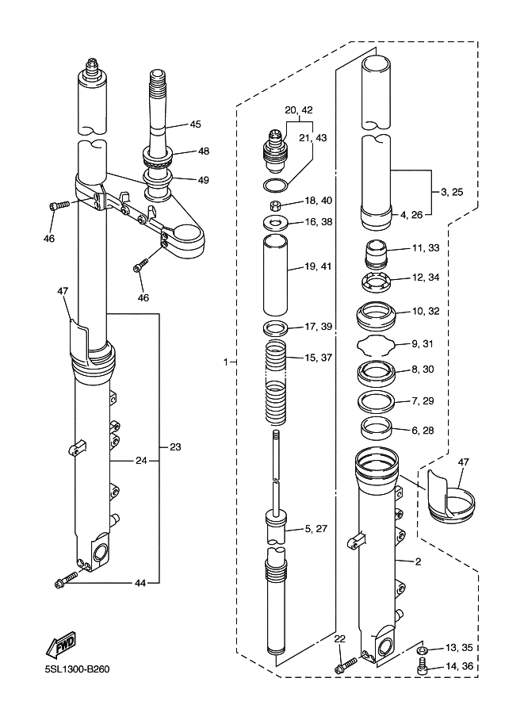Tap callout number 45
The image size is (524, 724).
coord(196,124)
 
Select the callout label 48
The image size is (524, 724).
coord(204,151)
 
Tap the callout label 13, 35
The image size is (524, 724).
coord(457,647)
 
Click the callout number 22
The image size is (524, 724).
coord(339,639)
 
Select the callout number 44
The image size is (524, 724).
coord(140,583)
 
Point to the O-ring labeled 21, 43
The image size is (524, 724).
coord(275,185)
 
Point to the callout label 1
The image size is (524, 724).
coord(226,362)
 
